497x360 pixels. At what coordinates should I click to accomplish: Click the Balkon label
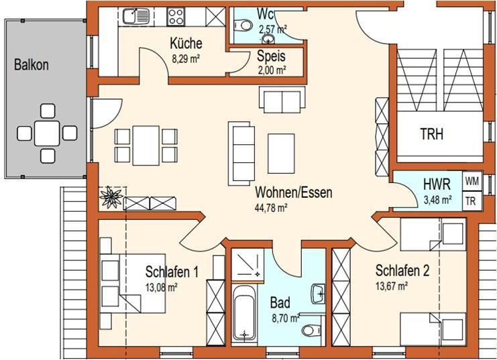pos(30,66)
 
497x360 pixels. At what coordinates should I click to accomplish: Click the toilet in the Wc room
pos(245,26)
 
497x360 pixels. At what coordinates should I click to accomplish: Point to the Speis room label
pos(271,57)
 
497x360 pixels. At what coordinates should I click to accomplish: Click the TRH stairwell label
pos(431,133)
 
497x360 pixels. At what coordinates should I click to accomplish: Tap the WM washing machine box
pos(472,180)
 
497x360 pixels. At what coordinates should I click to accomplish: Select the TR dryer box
pos(472,200)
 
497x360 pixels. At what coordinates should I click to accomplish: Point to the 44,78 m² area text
pos(271,208)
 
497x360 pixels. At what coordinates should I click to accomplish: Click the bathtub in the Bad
pos(243,311)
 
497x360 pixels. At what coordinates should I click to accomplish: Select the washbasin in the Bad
pos(318,293)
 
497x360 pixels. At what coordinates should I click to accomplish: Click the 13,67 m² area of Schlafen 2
pos(392,286)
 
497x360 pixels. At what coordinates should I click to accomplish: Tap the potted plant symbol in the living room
pos(109,198)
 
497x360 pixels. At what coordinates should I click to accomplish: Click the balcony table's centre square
pos(47,133)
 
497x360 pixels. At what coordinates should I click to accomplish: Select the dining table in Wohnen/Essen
pos(146,144)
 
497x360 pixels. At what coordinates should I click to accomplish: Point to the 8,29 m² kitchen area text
pos(186,58)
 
